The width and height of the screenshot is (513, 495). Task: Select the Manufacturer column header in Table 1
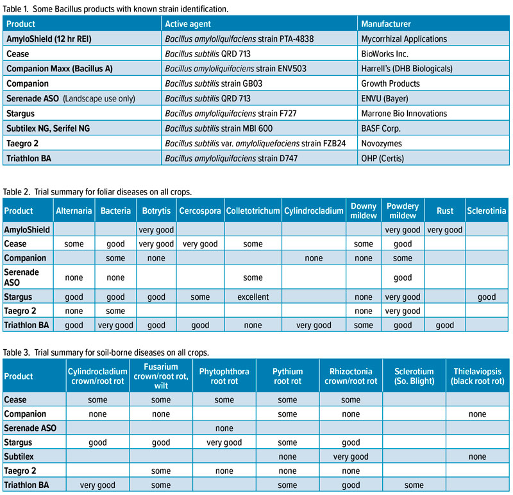(386, 24)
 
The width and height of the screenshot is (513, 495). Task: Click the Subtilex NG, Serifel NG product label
(48, 128)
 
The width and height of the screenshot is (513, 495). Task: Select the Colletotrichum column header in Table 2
(253, 211)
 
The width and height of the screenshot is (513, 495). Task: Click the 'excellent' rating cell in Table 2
(253, 297)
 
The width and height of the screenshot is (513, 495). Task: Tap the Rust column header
(444, 211)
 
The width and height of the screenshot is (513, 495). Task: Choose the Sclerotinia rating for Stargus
(487, 297)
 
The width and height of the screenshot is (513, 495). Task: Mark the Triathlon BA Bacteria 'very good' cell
(115, 325)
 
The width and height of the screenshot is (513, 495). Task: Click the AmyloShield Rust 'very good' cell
(444, 229)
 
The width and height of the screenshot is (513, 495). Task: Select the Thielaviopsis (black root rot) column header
(477, 377)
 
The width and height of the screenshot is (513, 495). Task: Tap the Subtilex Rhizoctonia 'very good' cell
(351, 457)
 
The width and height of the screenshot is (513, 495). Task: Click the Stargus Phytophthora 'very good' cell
(224, 443)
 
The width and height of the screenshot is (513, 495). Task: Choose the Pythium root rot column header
(287, 377)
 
